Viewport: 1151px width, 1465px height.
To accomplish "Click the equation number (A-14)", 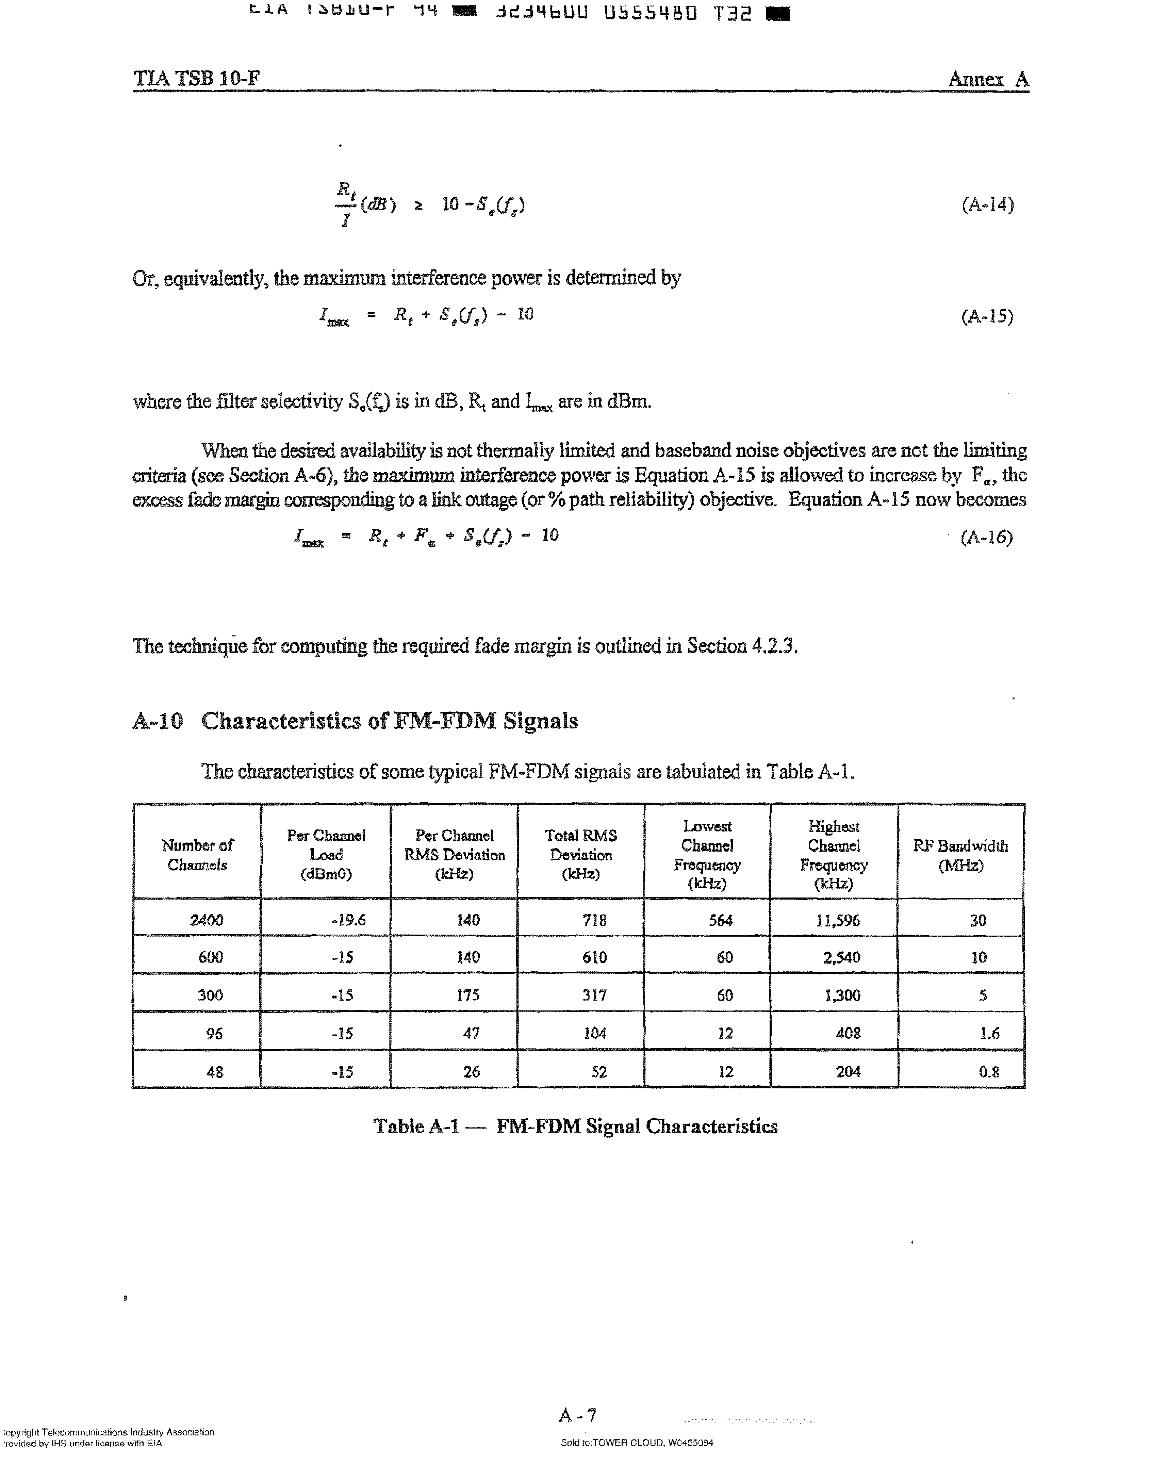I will point(987,204).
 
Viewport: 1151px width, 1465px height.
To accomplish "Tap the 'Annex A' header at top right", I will point(988,79).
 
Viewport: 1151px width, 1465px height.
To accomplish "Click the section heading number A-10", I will point(158,721).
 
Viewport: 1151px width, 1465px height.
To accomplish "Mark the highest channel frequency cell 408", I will point(848,1033).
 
